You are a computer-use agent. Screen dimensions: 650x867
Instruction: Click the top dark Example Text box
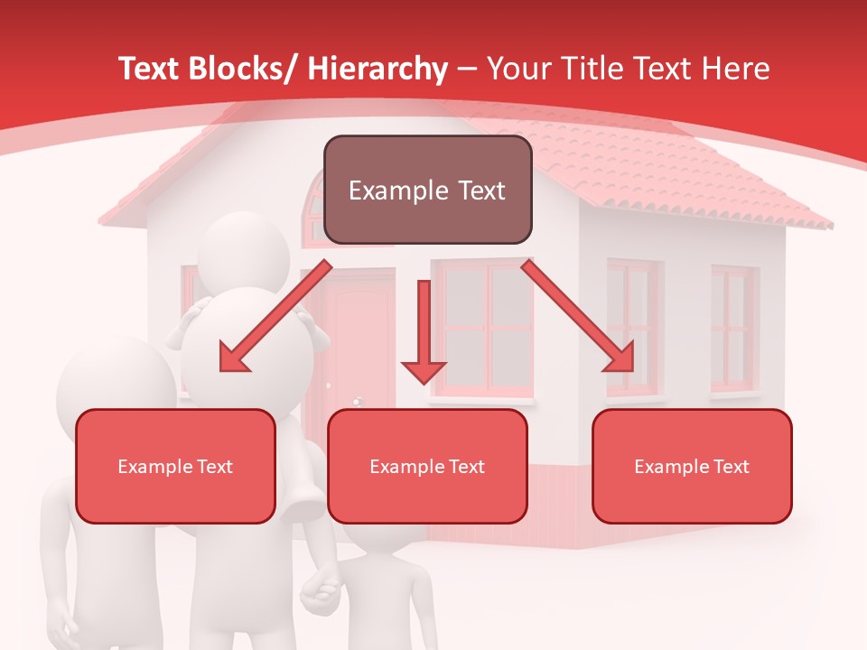click(x=427, y=190)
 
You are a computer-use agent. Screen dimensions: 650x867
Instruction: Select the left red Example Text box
click(x=175, y=466)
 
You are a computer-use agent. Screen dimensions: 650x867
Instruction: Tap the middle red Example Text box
click(x=427, y=466)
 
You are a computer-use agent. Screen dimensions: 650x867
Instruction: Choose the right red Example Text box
click(x=692, y=466)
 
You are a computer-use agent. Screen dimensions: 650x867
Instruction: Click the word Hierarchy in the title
click(x=378, y=69)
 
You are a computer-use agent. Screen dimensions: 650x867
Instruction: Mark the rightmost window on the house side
click(x=733, y=330)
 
